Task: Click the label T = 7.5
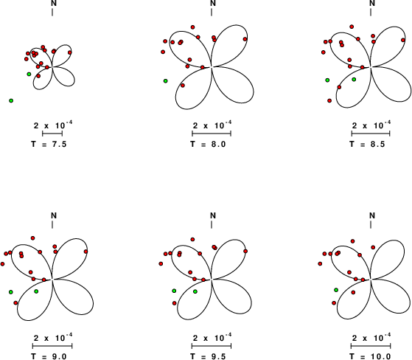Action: [49, 144]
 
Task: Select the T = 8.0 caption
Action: [208, 144]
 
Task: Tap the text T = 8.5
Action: [367, 144]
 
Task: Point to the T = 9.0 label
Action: [49, 356]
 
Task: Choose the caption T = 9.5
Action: [208, 356]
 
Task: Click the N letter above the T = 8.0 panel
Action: [213, 3]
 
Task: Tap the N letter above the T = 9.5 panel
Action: [213, 215]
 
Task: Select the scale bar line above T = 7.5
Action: [52, 134]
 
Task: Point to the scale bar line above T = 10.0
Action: [371, 345]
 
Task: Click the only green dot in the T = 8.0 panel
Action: [166, 80]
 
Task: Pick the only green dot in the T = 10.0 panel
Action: [336, 290]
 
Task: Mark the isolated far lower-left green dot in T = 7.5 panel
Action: [11, 100]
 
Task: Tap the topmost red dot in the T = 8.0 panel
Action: [192, 27]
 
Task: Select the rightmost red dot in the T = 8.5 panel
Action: [403, 40]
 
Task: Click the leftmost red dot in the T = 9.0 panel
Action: [3, 264]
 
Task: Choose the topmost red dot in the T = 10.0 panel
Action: [352, 241]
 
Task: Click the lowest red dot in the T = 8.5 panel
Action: [329, 100]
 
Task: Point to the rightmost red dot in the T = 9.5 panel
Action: [245, 251]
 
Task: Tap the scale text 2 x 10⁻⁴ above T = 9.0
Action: [53, 337]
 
